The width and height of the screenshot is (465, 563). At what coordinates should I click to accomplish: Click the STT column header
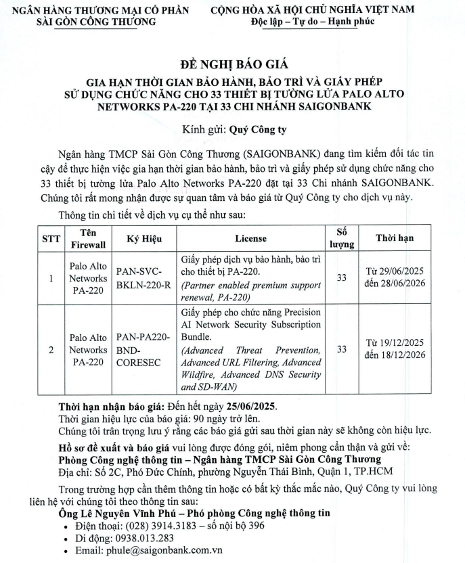coord(51,238)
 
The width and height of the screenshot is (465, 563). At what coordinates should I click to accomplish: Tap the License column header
coord(250,238)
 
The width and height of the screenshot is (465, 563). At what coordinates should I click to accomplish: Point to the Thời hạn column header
coord(395,238)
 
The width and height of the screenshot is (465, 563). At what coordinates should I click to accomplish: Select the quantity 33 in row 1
coord(341,277)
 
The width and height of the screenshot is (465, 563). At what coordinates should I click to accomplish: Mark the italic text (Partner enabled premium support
coord(251,286)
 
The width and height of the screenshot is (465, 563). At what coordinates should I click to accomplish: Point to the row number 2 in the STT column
coord(51,350)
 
